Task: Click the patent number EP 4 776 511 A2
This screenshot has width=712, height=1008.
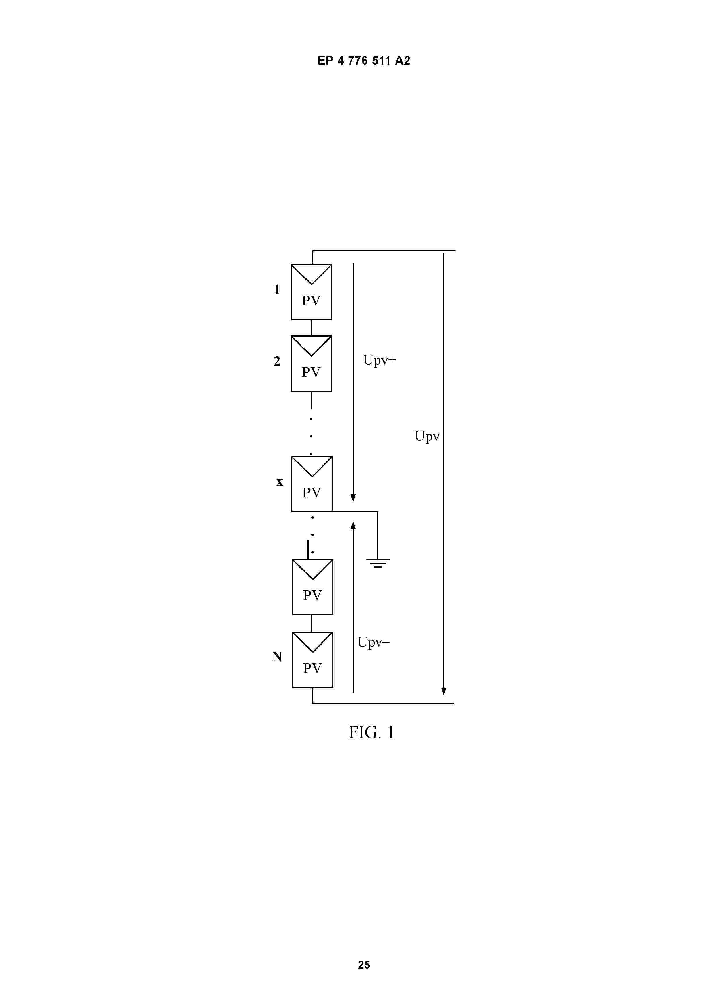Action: click(364, 61)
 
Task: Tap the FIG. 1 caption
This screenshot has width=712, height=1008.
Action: click(372, 732)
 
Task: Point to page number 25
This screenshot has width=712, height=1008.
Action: click(364, 965)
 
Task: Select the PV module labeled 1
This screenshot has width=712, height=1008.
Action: click(311, 292)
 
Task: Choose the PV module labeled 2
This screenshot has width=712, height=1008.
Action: click(311, 363)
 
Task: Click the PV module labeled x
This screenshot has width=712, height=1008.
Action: click(312, 484)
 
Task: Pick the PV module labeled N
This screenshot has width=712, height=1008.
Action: click(312, 659)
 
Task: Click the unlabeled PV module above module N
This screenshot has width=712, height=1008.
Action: click(312, 587)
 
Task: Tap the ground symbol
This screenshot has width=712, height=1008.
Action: click(378, 563)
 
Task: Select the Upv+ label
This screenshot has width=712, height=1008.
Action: click(380, 360)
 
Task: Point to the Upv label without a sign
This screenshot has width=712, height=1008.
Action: click(427, 436)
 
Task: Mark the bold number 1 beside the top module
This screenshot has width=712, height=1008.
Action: click(277, 289)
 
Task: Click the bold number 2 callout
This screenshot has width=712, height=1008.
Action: click(277, 361)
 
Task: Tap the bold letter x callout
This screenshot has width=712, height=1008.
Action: click(279, 482)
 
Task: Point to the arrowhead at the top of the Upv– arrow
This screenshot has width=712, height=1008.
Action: click(353, 526)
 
